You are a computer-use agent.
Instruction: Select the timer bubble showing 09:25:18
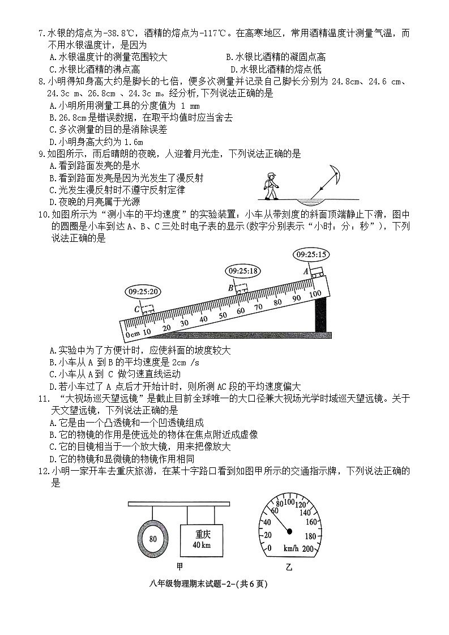click(x=242, y=271)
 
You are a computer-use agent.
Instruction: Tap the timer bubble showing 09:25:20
click(x=143, y=292)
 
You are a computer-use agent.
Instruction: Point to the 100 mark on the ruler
click(x=315, y=293)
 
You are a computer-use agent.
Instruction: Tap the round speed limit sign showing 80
click(x=153, y=539)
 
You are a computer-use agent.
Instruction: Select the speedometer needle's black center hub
click(x=289, y=531)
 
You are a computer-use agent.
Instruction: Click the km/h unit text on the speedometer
click(x=292, y=548)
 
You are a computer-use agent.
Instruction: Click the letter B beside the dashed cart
click(x=230, y=287)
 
